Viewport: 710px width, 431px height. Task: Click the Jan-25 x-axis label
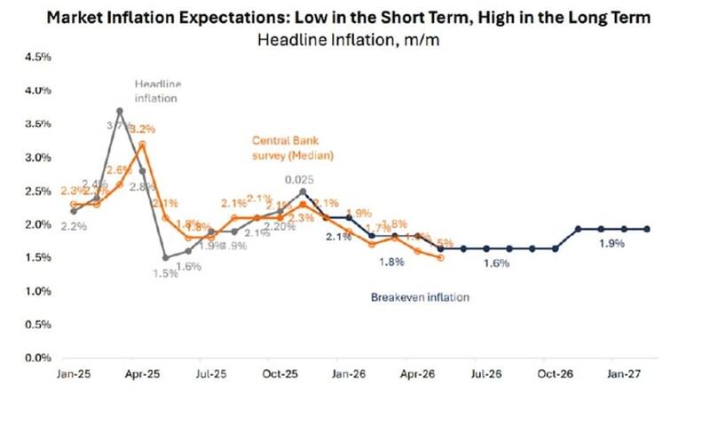pos(73,376)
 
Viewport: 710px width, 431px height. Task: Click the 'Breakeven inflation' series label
pos(419,298)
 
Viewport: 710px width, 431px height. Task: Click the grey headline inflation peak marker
pos(119,111)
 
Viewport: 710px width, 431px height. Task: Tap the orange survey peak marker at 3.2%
pos(142,144)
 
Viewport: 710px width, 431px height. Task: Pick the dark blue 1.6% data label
pos(498,263)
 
